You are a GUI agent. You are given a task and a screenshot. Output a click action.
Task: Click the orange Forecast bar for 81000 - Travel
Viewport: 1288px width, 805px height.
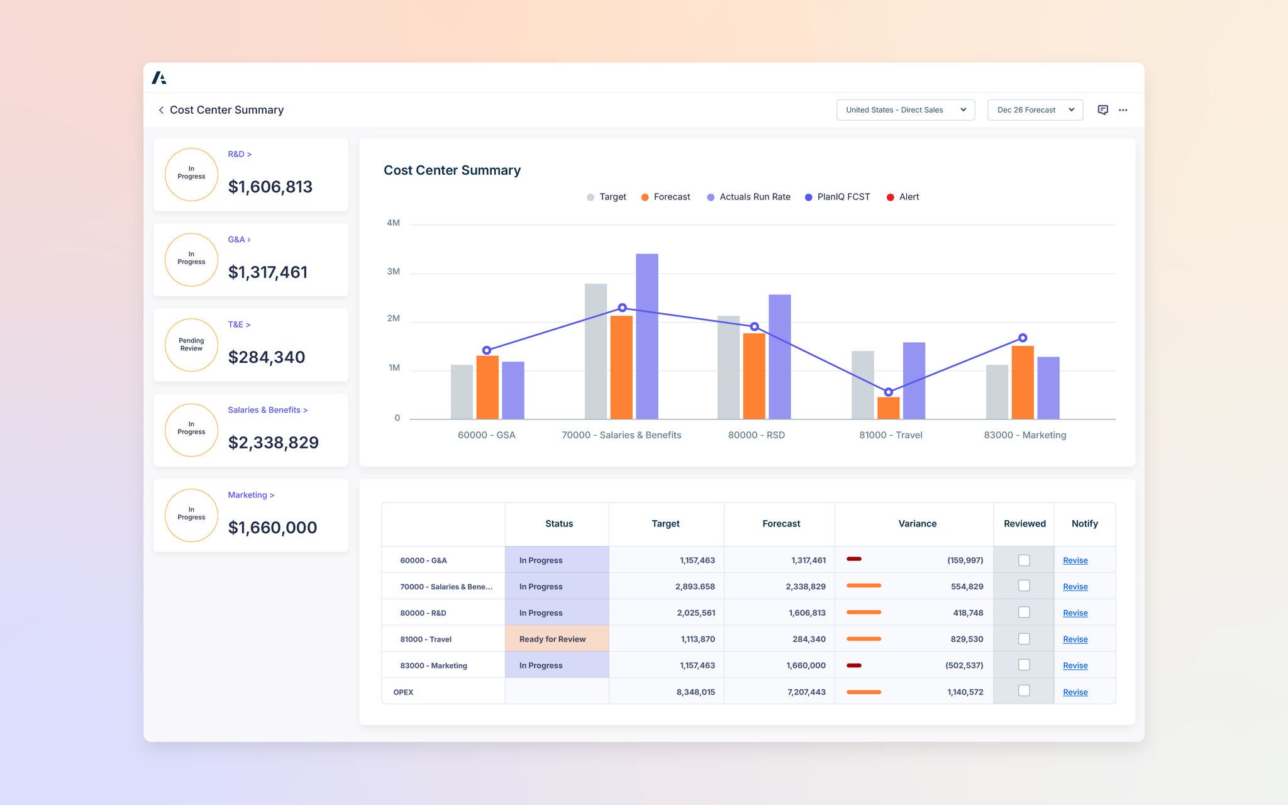(x=888, y=408)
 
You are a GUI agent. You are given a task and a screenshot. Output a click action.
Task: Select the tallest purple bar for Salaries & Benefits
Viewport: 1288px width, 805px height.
(x=647, y=336)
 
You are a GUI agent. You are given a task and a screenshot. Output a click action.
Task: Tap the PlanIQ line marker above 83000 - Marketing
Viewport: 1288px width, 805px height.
(x=1023, y=338)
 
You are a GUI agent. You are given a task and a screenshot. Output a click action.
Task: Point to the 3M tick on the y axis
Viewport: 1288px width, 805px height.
(x=393, y=272)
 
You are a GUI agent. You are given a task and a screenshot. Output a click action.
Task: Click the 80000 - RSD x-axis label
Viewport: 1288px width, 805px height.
(x=756, y=435)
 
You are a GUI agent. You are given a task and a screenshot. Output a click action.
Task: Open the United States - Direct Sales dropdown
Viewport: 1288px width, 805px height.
(x=905, y=110)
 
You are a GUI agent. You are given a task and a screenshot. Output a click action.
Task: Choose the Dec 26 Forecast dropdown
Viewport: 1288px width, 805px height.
(x=1035, y=110)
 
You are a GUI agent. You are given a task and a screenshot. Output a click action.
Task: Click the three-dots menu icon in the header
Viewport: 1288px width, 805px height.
(x=1123, y=110)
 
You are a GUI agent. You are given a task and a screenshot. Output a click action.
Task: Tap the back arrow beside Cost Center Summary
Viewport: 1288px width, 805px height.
(x=161, y=110)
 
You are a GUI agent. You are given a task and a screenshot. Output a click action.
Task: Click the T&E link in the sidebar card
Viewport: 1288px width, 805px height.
(x=238, y=325)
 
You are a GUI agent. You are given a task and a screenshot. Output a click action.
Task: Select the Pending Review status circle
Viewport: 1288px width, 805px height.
(x=191, y=345)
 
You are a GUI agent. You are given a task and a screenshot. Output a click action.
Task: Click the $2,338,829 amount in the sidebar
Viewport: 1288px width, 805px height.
(x=273, y=443)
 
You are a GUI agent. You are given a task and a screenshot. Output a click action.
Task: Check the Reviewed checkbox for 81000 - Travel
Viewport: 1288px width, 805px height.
(x=1024, y=639)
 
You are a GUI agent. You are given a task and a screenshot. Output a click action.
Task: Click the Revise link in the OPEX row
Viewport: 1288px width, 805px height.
(x=1075, y=692)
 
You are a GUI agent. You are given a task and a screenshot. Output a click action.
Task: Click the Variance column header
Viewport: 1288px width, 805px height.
(x=917, y=524)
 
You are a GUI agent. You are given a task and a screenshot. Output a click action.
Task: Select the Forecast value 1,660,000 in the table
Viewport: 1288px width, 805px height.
(x=806, y=665)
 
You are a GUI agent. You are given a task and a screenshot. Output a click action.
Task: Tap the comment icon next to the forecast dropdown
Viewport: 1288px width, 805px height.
(x=1102, y=110)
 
